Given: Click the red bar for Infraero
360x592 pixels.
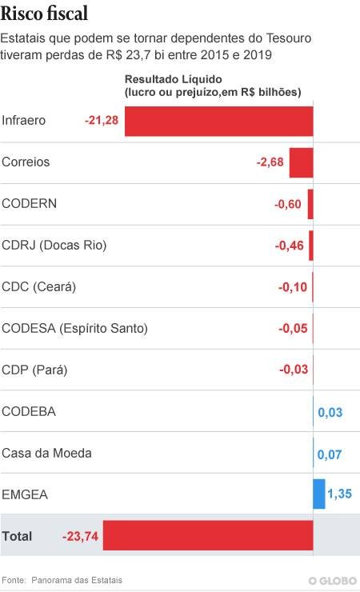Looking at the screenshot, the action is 219,121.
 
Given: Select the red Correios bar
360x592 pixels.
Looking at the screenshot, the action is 301,162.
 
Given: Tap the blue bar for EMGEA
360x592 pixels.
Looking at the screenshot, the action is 319,494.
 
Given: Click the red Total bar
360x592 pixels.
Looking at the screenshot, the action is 208,535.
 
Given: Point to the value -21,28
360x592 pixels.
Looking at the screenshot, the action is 102,121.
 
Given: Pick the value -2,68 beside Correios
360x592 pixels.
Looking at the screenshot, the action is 270,162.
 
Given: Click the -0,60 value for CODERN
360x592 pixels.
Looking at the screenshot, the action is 287,204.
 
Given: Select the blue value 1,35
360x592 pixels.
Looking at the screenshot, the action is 340,494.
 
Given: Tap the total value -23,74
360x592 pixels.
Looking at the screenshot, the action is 80,536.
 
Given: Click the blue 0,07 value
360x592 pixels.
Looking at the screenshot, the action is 330,454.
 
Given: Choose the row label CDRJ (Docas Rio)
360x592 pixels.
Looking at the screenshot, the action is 54,246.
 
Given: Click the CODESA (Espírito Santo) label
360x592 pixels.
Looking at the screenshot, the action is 74,329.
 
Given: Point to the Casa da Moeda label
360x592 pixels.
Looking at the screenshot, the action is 46,453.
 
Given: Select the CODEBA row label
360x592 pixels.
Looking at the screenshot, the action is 29,411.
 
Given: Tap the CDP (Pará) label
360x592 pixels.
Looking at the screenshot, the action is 34,370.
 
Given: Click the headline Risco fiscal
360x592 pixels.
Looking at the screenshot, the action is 44,14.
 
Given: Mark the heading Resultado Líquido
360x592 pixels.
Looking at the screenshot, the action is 174,79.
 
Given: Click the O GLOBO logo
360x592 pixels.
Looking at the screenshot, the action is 333,581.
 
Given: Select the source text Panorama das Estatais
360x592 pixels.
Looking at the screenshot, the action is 77,580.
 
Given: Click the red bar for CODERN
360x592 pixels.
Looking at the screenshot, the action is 310,204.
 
